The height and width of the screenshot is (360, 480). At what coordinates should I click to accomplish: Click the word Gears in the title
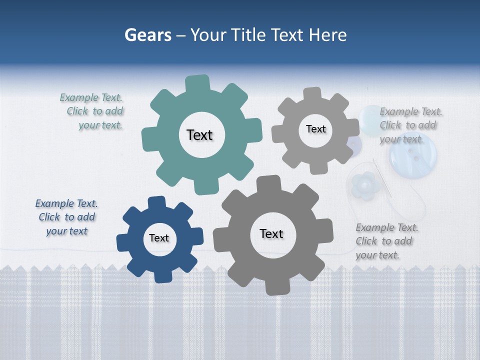[x=148, y=35]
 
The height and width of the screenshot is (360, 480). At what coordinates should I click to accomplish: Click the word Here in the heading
[x=327, y=35]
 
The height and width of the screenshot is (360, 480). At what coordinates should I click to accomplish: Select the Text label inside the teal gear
[x=199, y=135]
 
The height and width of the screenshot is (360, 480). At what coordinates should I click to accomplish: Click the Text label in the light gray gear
[x=315, y=129]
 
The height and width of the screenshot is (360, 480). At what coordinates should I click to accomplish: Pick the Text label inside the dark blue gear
[x=159, y=238]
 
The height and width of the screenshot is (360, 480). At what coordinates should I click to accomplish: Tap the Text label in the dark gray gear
[x=271, y=233]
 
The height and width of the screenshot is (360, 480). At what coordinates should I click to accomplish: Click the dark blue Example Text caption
[x=66, y=217]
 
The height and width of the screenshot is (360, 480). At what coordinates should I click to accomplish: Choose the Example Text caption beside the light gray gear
[x=410, y=125]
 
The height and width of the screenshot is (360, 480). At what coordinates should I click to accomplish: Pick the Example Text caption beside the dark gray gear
[x=386, y=241]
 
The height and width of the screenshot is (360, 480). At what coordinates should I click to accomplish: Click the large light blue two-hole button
[x=412, y=155]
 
